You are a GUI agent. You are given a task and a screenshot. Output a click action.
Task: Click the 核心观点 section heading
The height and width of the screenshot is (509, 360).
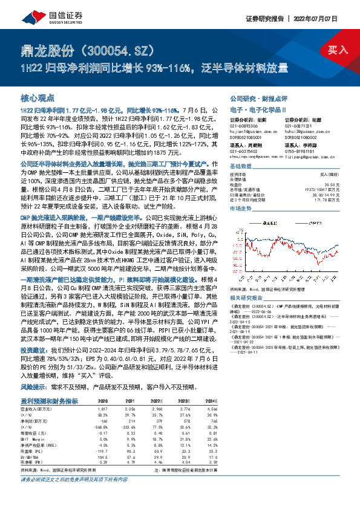(x=38, y=97)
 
